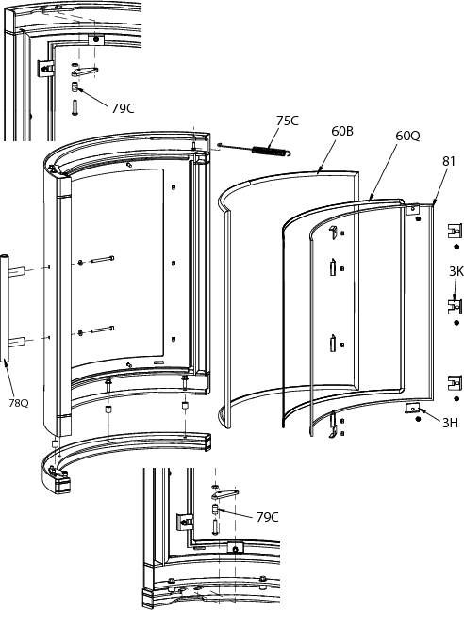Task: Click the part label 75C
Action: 288,121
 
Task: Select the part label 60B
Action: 342,131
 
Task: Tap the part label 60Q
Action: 407,136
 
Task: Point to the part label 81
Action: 449,161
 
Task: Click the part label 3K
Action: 456,271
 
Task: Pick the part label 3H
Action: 450,423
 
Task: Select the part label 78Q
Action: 19,403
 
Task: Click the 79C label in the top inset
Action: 123,108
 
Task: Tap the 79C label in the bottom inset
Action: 267,517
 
